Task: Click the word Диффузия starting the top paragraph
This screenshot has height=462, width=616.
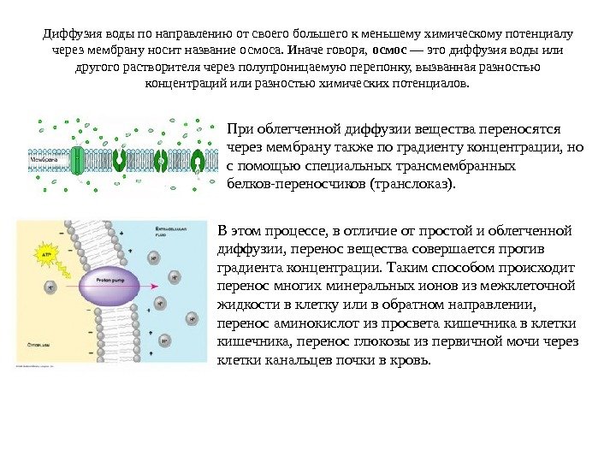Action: click(73, 34)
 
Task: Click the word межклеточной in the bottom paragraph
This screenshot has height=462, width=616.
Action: click(530, 287)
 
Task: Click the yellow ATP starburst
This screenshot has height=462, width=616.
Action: click(42, 252)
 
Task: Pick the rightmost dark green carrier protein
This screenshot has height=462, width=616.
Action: click(198, 159)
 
